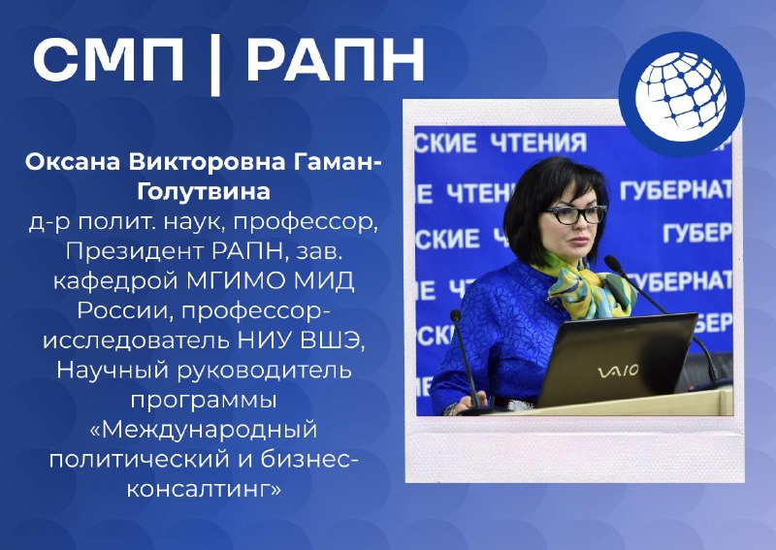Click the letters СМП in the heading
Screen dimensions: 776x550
[108, 59]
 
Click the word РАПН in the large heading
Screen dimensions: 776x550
[336, 59]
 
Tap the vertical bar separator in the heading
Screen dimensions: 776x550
[214, 63]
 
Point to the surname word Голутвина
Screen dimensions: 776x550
[204, 192]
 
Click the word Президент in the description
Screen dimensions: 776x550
[135, 251]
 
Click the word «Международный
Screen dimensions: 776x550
[204, 430]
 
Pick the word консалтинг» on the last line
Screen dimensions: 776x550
[204, 489]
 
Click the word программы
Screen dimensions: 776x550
[204, 401]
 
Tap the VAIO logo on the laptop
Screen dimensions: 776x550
[618, 372]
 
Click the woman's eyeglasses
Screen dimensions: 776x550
[575, 214]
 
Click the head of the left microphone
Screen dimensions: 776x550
[456, 315]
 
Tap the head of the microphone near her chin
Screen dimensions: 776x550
[612, 263]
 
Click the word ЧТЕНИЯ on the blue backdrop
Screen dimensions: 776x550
[538, 143]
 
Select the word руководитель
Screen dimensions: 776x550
[264, 371]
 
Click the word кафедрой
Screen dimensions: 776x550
[115, 281]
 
